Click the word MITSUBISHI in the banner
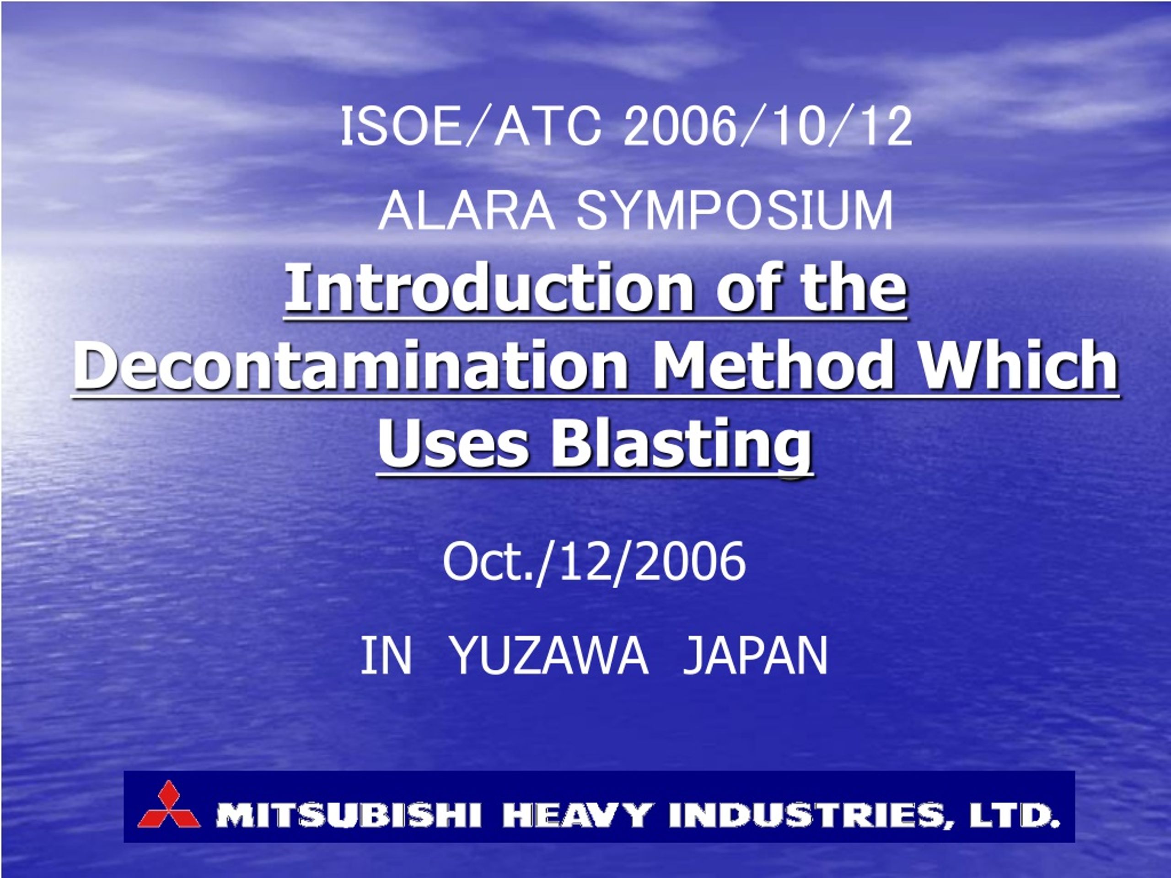(349, 815)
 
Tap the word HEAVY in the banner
(576, 815)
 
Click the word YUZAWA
(551, 656)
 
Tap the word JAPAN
(755, 656)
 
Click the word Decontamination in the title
(350, 364)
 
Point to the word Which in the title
(1015, 364)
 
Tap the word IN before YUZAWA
(386, 656)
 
